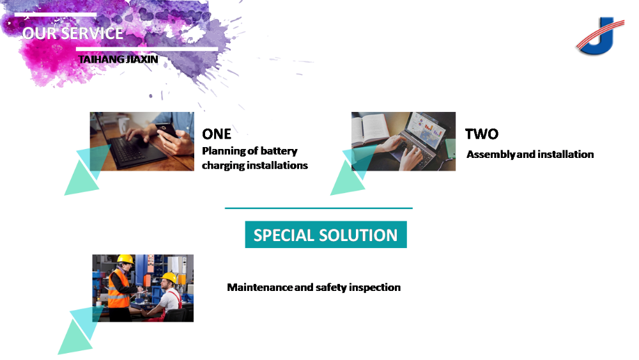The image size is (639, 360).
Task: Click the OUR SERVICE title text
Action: [x=73, y=33]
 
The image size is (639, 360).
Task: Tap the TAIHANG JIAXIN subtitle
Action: [x=118, y=59]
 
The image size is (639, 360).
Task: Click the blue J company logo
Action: [x=600, y=36]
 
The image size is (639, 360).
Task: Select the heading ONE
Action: [x=217, y=134]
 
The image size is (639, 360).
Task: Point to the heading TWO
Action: [x=482, y=134]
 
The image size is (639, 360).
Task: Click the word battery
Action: [x=279, y=152]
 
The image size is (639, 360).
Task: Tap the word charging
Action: [x=223, y=166]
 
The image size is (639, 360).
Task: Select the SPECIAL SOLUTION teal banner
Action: [x=326, y=235]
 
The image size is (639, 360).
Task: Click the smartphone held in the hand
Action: [x=167, y=130]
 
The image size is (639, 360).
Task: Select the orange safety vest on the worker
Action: [x=118, y=288]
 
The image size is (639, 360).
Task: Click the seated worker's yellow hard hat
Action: [x=169, y=278]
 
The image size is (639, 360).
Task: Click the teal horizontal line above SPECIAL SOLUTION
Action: [x=319, y=208]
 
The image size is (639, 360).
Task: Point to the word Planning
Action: [x=224, y=152]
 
